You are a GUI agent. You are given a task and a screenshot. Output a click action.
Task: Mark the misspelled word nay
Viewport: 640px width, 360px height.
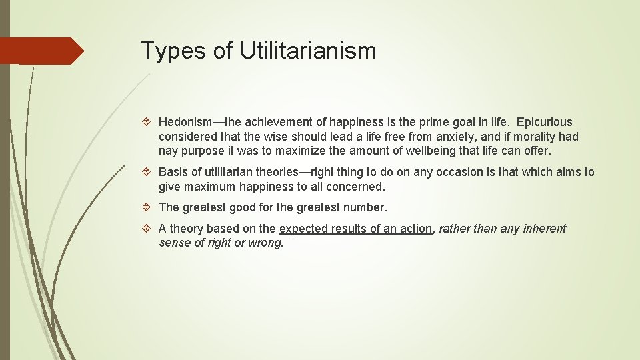169,151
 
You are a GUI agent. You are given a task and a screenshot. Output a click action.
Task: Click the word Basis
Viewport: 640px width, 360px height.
173,172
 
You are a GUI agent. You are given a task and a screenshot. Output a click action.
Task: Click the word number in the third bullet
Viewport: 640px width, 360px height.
365,208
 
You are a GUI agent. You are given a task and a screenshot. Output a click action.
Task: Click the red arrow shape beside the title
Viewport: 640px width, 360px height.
41,51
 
